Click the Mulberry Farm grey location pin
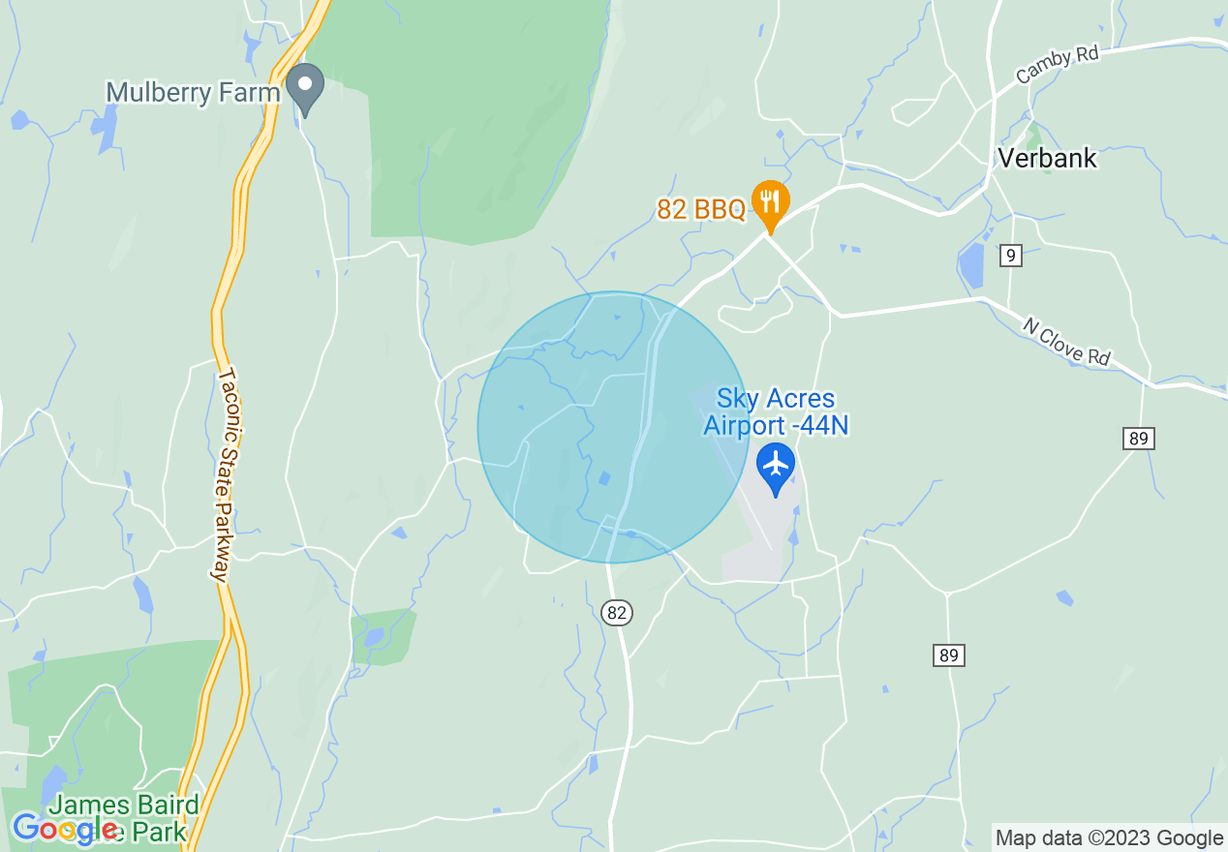306,86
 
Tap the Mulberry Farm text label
193,92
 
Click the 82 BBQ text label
701,209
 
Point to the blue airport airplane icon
776,466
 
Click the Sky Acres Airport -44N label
776,412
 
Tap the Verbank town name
1047,158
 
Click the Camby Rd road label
1057,65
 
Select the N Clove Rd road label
1065,341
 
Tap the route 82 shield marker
617,612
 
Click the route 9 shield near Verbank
1011,256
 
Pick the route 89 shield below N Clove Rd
1139,439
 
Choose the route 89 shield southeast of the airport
949,655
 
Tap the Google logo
65,828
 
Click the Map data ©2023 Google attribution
1109,838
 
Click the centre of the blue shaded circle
613,427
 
